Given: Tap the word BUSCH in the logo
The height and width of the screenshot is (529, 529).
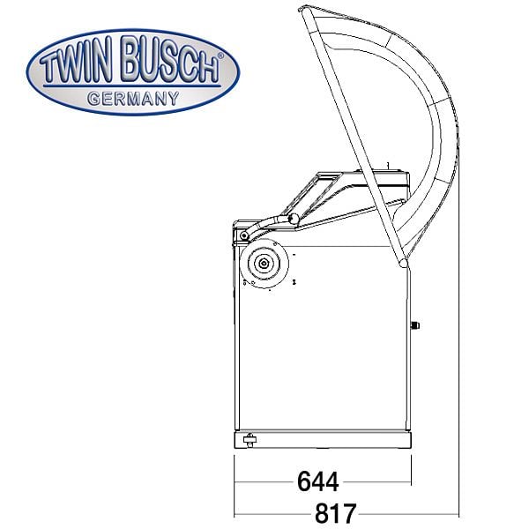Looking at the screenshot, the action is click(x=171, y=59).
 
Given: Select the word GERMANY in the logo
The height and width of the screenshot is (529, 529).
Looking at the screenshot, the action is click(x=133, y=99).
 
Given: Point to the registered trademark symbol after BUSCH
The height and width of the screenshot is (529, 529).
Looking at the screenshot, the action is click(x=220, y=56).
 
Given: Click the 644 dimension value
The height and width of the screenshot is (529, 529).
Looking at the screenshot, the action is click(x=317, y=481).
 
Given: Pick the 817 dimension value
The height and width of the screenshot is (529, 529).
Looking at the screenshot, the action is click(x=335, y=513).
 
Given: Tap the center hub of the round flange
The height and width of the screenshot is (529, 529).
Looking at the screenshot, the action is click(x=264, y=263).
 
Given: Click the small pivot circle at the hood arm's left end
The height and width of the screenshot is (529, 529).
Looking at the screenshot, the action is click(x=243, y=235).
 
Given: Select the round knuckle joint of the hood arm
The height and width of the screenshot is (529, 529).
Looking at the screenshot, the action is click(x=294, y=219).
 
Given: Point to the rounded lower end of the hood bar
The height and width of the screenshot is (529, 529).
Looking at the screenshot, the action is click(x=403, y=263).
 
